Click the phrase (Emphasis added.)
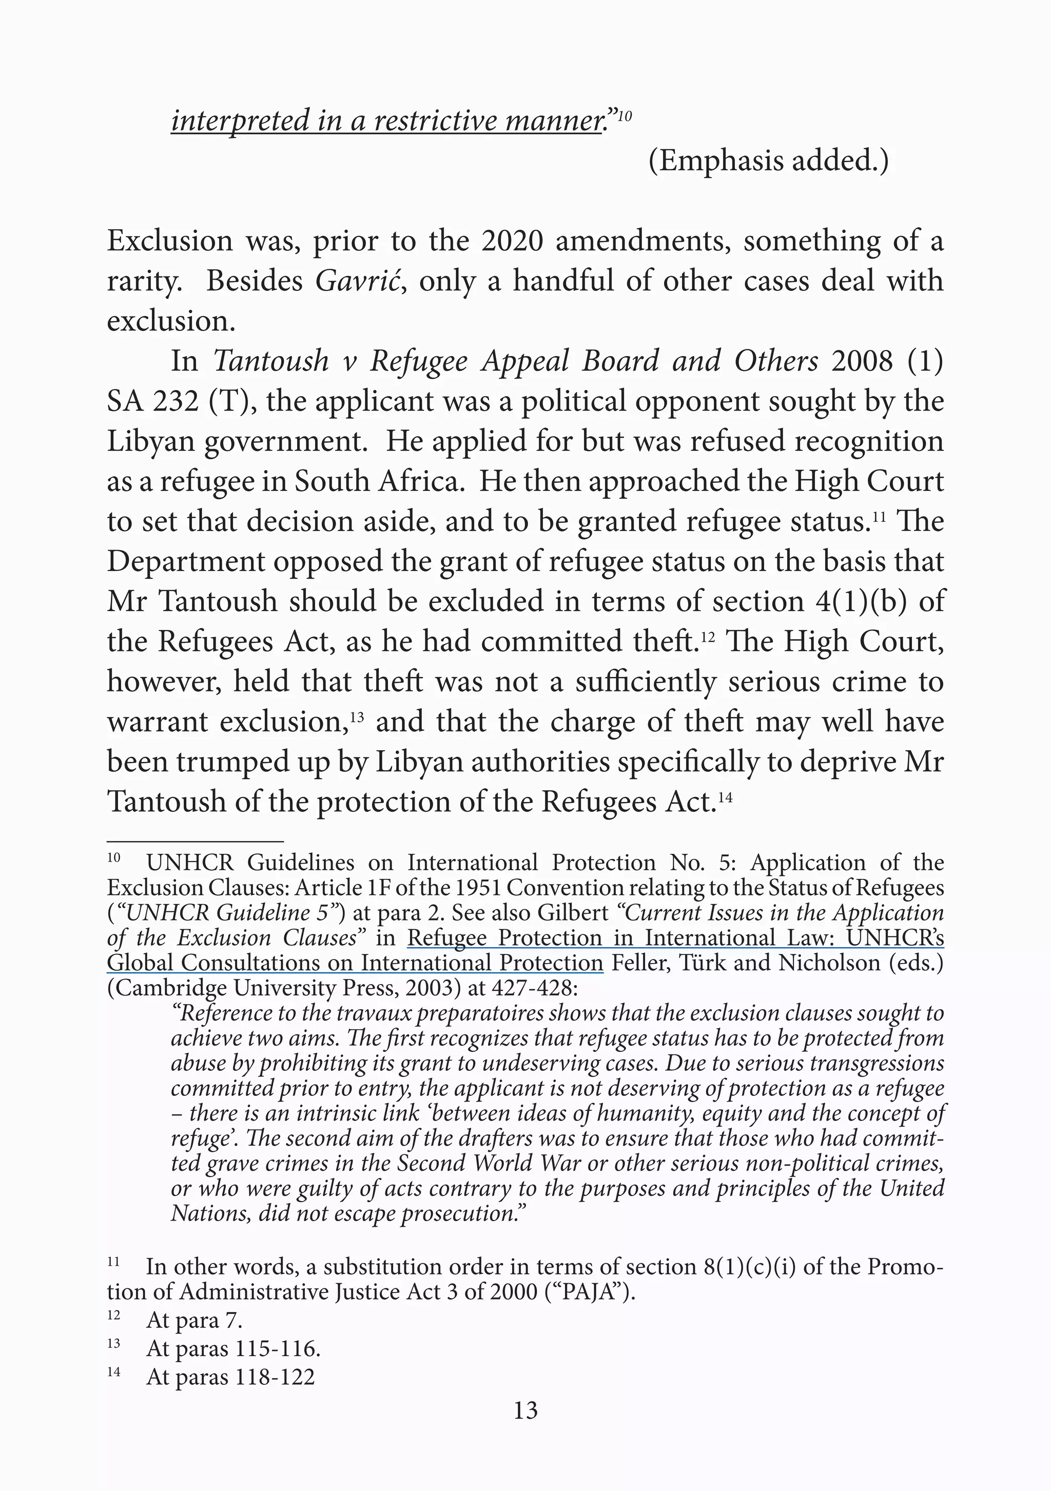(x=768, y=161)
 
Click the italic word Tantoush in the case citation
(x=271, y=361)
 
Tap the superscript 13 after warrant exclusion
(x=356, y=718)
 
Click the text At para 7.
(x=193, y=1320)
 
